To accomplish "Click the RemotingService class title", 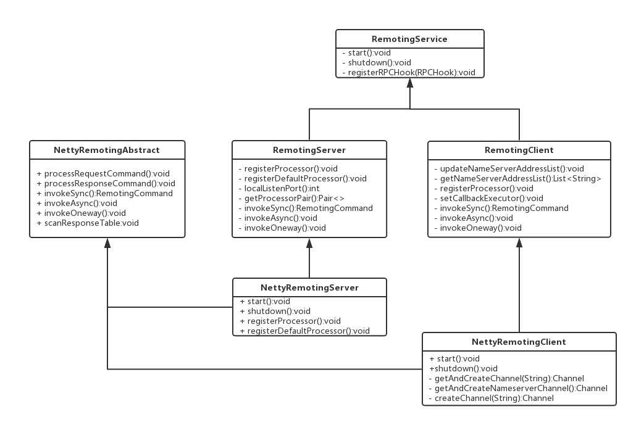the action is [x=409, y=39].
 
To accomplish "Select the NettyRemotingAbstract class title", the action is [x=107, y=150].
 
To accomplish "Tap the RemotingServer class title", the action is [x=309, y=150].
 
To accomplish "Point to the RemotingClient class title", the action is [x=519, y=150].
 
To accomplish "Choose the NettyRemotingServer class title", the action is [x=309, y=287].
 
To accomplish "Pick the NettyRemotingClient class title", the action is [x=519, y=342].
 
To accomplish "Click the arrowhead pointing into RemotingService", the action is [x=409, y=83].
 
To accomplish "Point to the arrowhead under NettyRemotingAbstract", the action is [x=107, y=243].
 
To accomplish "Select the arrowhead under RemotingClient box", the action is [x=519, y=242].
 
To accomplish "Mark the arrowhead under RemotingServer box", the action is [x=309, y=243].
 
